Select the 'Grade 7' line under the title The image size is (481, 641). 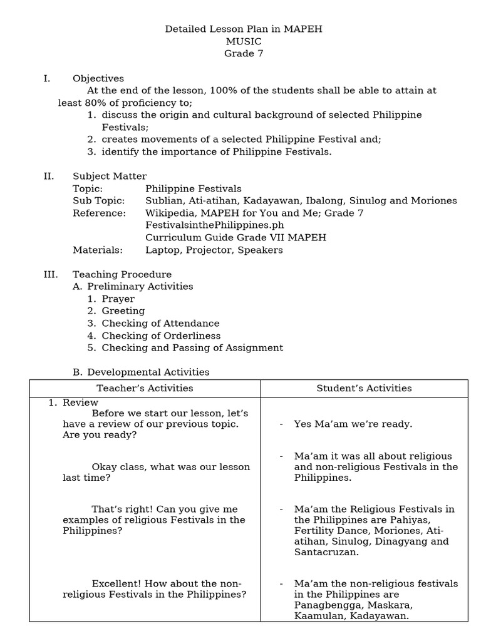pyautogui.click(x=244, y=53)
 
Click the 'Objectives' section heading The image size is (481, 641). pyautogui.click(x=98, y=78)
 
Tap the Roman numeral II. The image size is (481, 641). pyautogui.click(x=49, y=177)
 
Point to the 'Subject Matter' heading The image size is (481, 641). pyautogui.click(x=110, y=177)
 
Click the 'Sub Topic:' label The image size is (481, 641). pyautogui.click(x=99, y=201)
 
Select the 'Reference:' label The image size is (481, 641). pyautogui.click(x=99, y=213)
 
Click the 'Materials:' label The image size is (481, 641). pyautogui.click(x=98, y=250)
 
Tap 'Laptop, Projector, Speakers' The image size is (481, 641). pyautogui.click(x=214, y=250)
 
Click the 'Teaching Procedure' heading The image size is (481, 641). pyautogui.click(x=122, y=274)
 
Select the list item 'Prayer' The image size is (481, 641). pyautogui.click(x=118, y=299)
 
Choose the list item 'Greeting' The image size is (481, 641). pyautogui.click(x=123, y=310)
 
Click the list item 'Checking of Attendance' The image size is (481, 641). pyautogui.click(x=160, y=323)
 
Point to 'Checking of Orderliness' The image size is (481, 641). pyautogui.click(x=161, y=336)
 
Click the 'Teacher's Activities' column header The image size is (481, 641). pyautogui.click(x=145, y=388)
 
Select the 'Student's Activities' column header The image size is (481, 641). pyautogui.click(x=364, y=388)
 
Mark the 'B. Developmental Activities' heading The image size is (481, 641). pyautogui.click(x=141, y=372)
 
